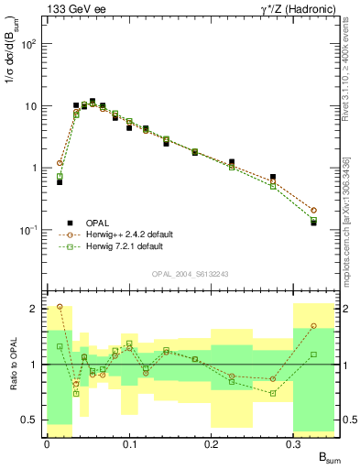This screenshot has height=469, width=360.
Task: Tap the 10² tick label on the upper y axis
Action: [30, 44]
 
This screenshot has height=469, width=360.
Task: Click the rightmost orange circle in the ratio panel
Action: [313, 326]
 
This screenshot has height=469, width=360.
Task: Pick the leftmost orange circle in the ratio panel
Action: [60, 307]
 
